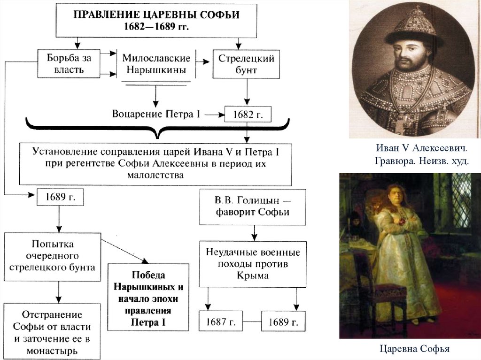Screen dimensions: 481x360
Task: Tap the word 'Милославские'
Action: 156,58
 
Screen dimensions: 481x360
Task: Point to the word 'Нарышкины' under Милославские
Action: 156,71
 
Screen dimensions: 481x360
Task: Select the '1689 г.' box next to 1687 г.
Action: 283,322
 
